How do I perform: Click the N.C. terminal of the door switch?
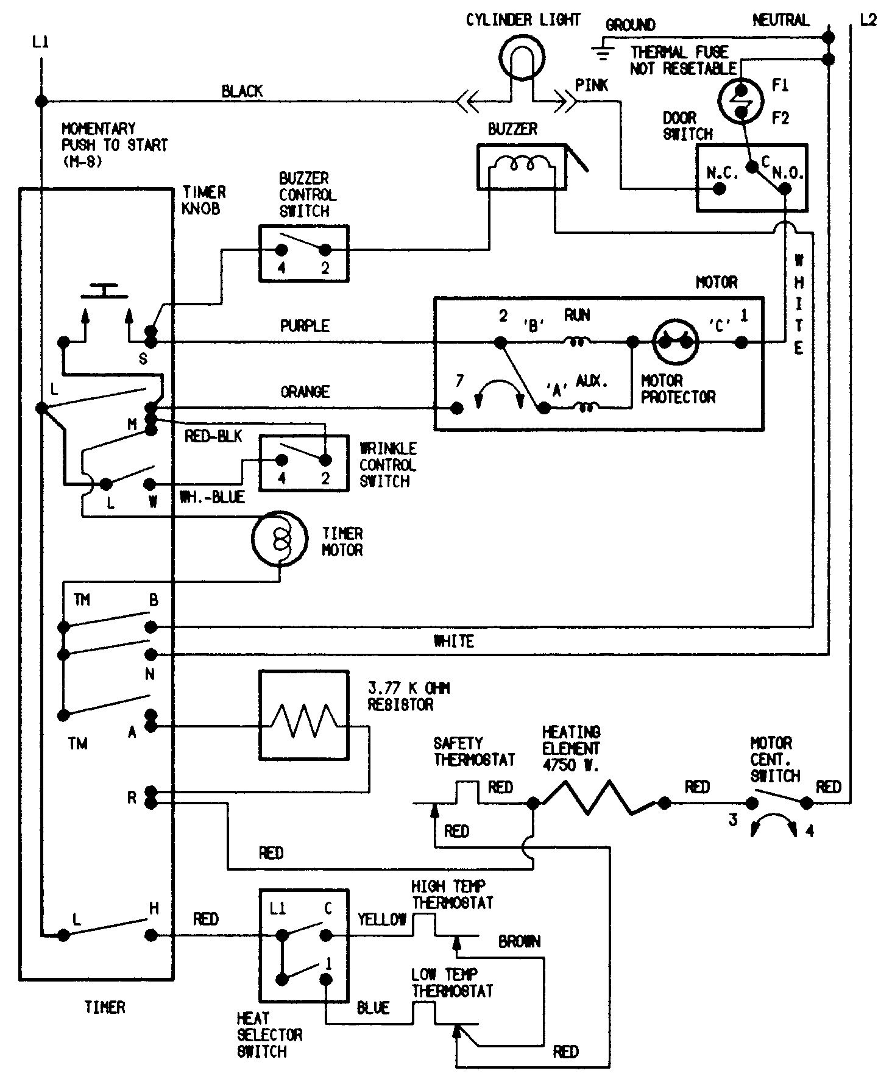tap(719, 188)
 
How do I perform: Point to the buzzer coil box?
tap(522, 166)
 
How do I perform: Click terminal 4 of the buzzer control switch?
tap(281, 250)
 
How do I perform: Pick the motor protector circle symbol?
tap(674, 342)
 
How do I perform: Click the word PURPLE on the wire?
tap(305, 326)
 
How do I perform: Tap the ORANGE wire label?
tap(305, 392)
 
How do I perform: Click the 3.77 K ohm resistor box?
tap(303, 715)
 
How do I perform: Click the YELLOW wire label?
tap(382, 919)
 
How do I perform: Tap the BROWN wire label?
tap(519, 942)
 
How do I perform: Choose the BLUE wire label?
tap(373, 1008)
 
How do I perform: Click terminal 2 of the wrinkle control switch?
tap(325, 460)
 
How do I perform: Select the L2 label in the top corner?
tap(868, 19)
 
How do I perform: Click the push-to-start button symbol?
tap(105, 291)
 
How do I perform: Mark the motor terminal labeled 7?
tap(456, 408)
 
